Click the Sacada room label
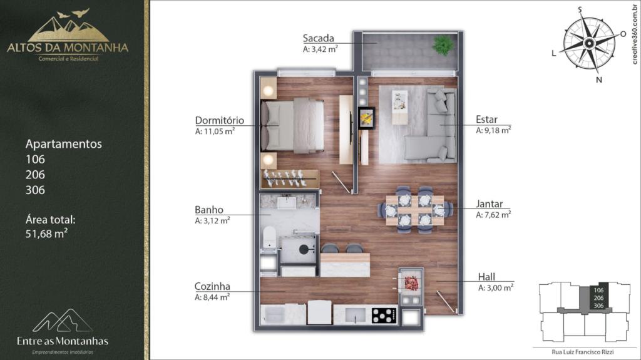[x=318, y=38]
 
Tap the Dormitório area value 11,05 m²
[x=215, y=131]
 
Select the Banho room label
[x=209, y=210]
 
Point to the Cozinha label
[x=212, y=286]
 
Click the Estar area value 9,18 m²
[x=493, y=130]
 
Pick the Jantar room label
[x=490, y=203]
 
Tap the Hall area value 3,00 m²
[x=496, y=287]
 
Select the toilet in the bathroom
[x=269, y=237]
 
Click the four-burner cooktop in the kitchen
[x=384, y=315]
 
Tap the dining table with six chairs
[x=415, y=210]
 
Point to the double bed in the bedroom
[x=292, y=126]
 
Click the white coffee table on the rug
[x=400, y=107]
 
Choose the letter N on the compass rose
[x=599, y=80]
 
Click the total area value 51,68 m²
[x=46, y=234]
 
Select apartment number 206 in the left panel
[x=35, y=175]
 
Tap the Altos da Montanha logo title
[x=68, y=48]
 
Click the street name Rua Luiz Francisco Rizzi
[x=583, y=352]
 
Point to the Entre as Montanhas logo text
[x=63, y=341]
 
